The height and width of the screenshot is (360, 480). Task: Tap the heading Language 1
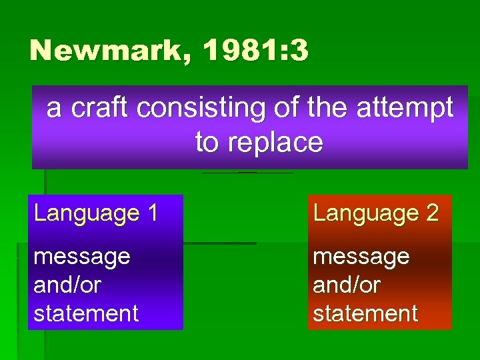96,213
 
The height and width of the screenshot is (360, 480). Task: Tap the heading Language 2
376,213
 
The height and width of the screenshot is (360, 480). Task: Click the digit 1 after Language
153,213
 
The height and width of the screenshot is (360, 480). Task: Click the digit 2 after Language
431,213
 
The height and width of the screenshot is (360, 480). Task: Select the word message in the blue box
81,257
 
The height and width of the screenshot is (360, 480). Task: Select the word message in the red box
361,257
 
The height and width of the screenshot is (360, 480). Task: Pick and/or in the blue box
67,285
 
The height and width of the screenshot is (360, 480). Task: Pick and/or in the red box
347,285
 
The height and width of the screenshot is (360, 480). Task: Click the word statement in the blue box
86,313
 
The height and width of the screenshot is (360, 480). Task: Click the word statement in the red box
365,313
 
